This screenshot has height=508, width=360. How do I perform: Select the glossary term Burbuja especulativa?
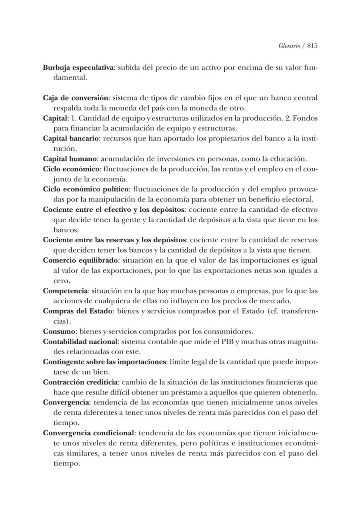point(78,68)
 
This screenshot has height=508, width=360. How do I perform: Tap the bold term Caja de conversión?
point(76,98)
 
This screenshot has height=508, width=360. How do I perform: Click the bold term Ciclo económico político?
point(86,189)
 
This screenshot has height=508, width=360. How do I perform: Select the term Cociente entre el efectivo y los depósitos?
point(114,209)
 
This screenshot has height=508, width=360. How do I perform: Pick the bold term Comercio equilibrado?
point(81,260)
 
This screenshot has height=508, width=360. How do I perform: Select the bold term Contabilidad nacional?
point(80,341)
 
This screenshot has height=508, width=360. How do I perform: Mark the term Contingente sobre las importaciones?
point(105,362)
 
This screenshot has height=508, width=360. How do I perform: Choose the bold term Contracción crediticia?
point(81,382)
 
